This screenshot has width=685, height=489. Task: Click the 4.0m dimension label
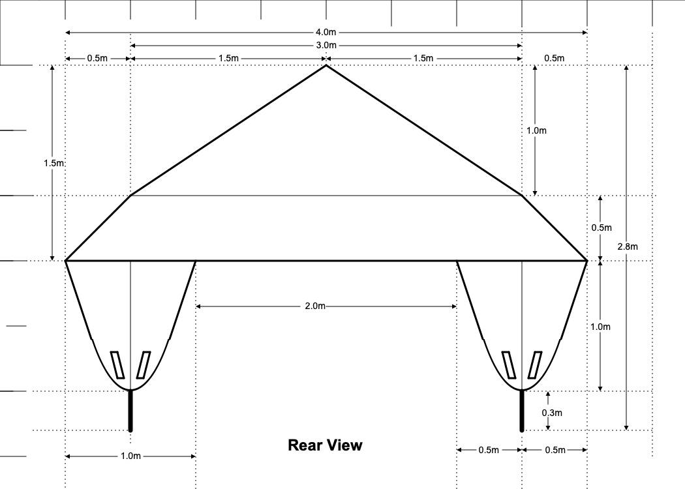coord(326,32)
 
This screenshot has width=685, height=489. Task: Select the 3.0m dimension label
coord(326,45)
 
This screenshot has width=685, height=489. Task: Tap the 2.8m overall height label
coord(628,246)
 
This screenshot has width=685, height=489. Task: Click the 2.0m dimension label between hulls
coord(315,306)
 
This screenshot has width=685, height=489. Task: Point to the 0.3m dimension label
coord(552,413)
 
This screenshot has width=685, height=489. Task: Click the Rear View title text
coord(325,445)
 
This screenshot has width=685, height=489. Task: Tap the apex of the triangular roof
coord(326,65)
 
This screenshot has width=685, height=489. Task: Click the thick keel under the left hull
coord(130,411)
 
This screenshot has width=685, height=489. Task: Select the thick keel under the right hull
coord(522,411)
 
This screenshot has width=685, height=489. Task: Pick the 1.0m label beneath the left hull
coord(130,456)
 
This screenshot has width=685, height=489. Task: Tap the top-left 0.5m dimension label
coord(97,58)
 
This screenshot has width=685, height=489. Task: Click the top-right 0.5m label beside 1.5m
coord(554,58)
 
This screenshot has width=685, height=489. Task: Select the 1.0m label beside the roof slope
coord(536,130)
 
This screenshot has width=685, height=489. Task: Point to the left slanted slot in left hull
coord(117,365)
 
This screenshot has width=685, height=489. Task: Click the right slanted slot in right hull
coord(535,365)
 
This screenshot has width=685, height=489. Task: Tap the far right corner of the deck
coord(586,261)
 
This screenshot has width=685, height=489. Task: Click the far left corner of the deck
coord(66,261)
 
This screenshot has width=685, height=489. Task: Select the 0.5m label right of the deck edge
coord(601,228)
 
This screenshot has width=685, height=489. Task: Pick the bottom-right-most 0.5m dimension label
coord(555,450)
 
